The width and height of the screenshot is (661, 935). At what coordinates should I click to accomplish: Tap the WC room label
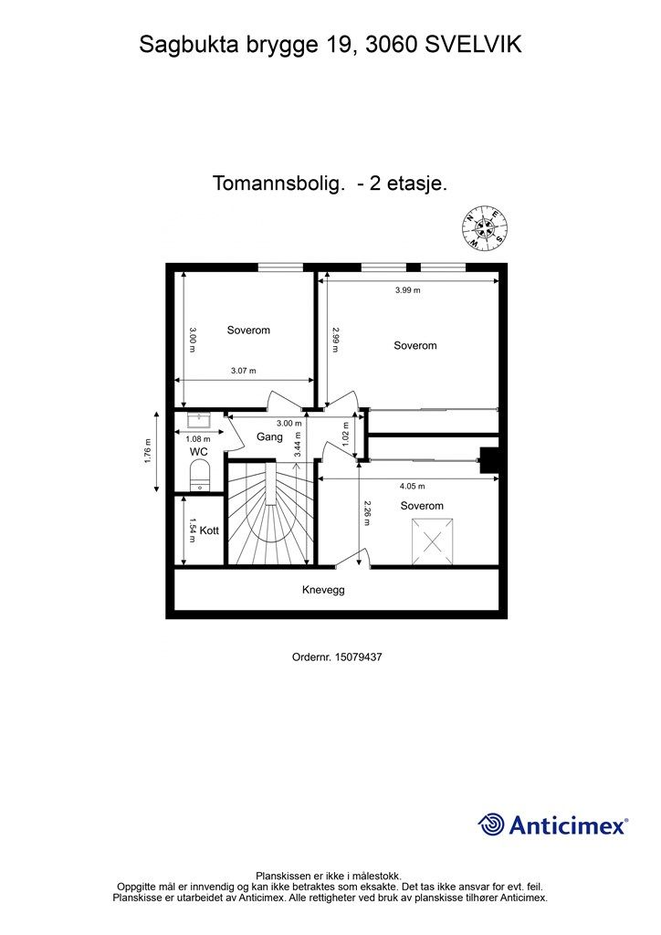pos(198,452)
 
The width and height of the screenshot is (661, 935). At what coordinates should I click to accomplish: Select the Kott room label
pos(209,530)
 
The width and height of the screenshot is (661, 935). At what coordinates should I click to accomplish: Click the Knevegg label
pos(323,590)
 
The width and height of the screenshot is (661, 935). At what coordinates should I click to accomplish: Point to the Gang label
pos(269,436)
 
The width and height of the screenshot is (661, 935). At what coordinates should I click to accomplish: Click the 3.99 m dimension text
pos(407,290)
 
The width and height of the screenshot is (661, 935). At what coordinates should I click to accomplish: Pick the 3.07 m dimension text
pos(243,371)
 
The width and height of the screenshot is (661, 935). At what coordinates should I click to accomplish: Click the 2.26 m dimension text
pos(366,515)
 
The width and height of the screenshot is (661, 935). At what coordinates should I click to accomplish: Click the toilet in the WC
pos(198,475)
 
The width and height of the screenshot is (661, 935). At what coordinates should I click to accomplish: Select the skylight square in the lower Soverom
pos(433,538)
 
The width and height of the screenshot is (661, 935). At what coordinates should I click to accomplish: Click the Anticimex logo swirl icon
pos(491,825)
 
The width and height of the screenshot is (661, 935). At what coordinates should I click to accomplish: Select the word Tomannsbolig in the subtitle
pos(278,184)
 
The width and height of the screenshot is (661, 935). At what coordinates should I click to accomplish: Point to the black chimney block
pos(490,460)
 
